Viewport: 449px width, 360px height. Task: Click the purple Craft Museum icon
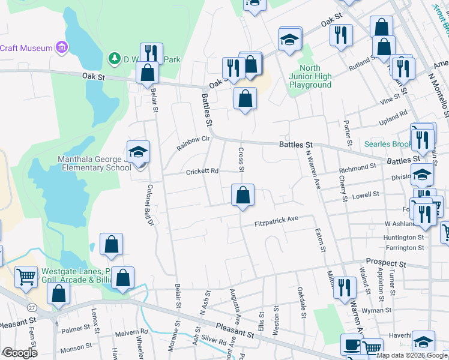tap(61, 47)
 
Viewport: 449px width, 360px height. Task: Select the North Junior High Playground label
tap(310, 76)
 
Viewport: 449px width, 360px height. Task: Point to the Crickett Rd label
tap(202, 171)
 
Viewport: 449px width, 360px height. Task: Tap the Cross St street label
tap(241, 160)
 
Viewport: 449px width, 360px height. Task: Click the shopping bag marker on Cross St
tap(243, 196)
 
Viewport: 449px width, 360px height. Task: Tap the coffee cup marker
tap(351, 345)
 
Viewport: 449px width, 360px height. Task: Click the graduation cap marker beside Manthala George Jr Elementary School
tap(138, 152)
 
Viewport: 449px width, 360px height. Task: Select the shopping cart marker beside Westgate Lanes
tap(26, 277)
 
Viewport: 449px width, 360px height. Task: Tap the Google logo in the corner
tap(19, 352)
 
